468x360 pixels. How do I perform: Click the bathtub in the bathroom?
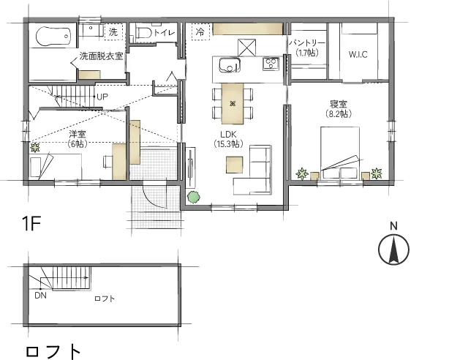53,37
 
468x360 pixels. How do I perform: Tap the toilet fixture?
145,32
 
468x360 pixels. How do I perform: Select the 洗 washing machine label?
113,31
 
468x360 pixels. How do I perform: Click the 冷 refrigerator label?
200,31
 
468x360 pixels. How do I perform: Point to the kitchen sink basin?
230,65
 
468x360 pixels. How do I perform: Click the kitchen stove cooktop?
271,64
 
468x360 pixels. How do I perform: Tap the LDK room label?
228,134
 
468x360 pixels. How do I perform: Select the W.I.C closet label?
358,55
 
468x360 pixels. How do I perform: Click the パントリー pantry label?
307,43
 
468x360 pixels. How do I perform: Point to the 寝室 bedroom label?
339,104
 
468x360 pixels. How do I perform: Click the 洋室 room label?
78,134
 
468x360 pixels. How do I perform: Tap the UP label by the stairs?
102,97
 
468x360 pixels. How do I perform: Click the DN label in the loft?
41,296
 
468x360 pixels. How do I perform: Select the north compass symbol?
393,250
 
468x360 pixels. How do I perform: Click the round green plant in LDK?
193,197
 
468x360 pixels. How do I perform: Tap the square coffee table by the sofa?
234,165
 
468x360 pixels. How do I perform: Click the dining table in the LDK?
233,103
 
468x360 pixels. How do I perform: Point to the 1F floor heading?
31,223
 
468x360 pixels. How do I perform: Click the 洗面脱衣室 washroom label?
101,56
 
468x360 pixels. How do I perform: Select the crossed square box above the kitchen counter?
247,48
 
